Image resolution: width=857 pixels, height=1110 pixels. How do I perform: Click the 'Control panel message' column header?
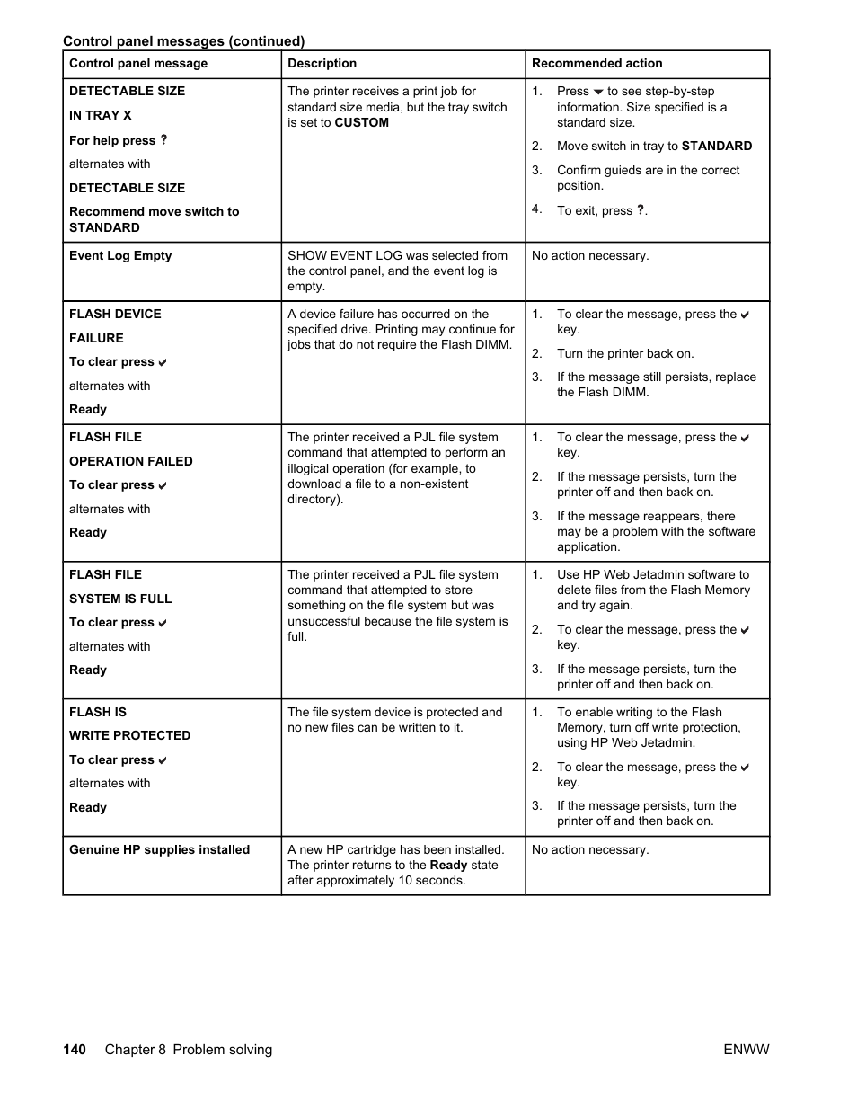[x=138, y=64]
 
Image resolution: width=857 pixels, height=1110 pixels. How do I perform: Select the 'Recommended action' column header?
[x=597, y=64]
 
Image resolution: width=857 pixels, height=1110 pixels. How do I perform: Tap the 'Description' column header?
[x=322, y=64]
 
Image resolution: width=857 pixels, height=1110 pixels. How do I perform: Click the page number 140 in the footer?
[x=75, y=1050]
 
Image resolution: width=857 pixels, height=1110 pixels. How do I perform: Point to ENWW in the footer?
[x=747, y=1050]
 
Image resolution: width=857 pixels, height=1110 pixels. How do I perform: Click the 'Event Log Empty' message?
[x=120, y=256]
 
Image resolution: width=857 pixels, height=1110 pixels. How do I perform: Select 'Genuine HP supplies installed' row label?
[x=159, y=850]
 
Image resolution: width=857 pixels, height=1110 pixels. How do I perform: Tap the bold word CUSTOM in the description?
[x=362, y=123]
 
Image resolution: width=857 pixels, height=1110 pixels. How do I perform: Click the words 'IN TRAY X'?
[x=101, y=116]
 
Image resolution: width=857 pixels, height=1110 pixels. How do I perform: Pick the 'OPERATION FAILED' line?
[x=131, y=462]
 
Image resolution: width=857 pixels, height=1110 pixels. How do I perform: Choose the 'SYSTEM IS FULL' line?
[x=120, y=599]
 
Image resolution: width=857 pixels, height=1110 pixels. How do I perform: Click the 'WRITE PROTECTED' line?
[x=130, y=736]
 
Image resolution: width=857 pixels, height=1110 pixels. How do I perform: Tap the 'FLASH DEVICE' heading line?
[x=115, y=315]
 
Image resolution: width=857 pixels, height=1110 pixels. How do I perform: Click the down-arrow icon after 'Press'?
[x=598, y=93]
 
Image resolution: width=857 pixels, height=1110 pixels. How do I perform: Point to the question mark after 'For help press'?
[x=163, y=140]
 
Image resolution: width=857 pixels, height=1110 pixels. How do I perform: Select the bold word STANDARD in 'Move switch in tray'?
[x=717, y=147]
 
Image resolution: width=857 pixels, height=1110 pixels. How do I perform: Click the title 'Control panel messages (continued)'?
[x=183, y=41]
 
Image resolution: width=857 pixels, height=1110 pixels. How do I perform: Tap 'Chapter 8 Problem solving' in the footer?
[x=189, y=1050]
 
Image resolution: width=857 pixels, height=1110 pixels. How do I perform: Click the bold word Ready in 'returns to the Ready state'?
[x=449, y=866]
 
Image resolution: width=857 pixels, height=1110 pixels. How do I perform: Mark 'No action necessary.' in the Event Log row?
[x=590, y=256]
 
